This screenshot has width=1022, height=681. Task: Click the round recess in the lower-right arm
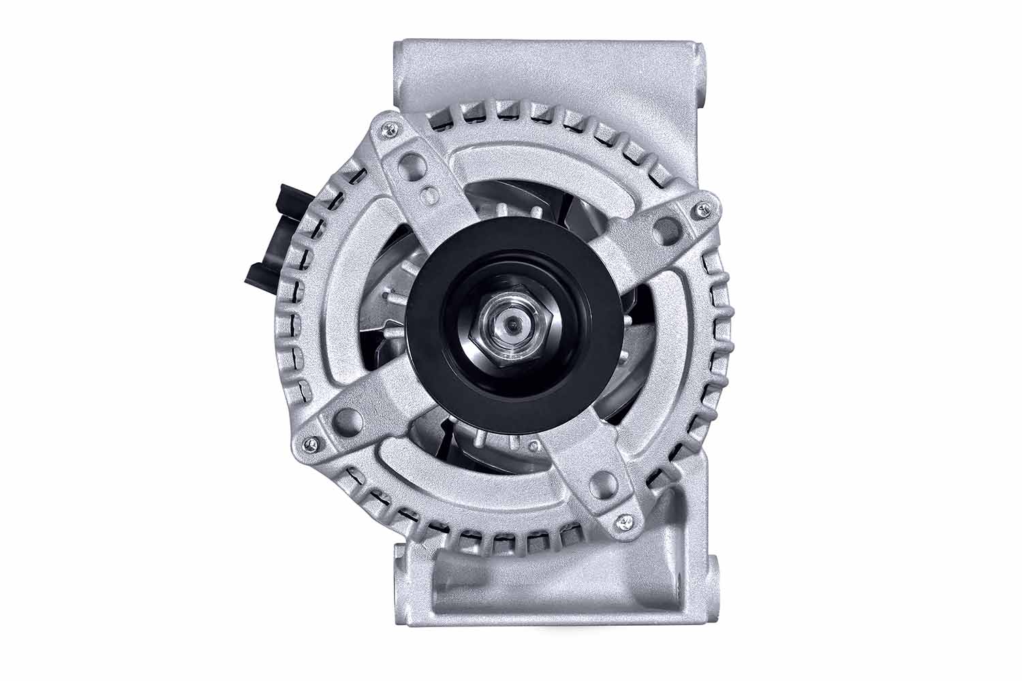point(600,484)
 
